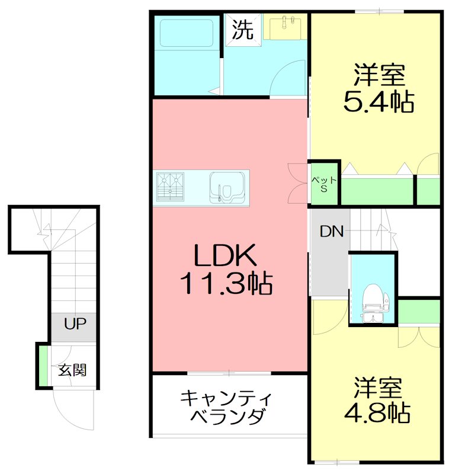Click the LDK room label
pos(225,257)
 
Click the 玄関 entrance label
pos(72,370)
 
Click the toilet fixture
pos(373,299)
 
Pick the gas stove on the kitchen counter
pos(171,184)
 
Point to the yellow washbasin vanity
pos(285,27)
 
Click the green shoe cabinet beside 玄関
pos(43,364)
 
